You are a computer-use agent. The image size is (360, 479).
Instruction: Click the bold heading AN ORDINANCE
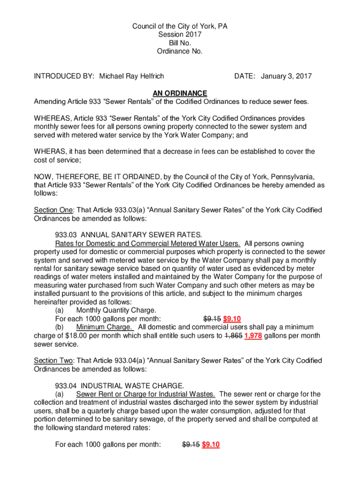180,94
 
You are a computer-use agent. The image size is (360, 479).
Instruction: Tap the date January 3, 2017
286,76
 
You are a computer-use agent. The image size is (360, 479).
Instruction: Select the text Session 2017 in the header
180,35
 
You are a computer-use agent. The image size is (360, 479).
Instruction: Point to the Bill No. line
180,43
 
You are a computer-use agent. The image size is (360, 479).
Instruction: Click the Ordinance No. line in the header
180,51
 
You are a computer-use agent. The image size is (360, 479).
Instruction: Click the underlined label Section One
53,210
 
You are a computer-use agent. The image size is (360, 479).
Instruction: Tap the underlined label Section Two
53,361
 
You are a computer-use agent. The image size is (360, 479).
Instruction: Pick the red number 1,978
253,336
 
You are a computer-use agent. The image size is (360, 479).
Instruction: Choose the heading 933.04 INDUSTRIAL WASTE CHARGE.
120,386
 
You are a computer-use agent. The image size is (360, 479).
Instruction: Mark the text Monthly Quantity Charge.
116,311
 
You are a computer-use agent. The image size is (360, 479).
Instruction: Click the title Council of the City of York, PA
180,26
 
